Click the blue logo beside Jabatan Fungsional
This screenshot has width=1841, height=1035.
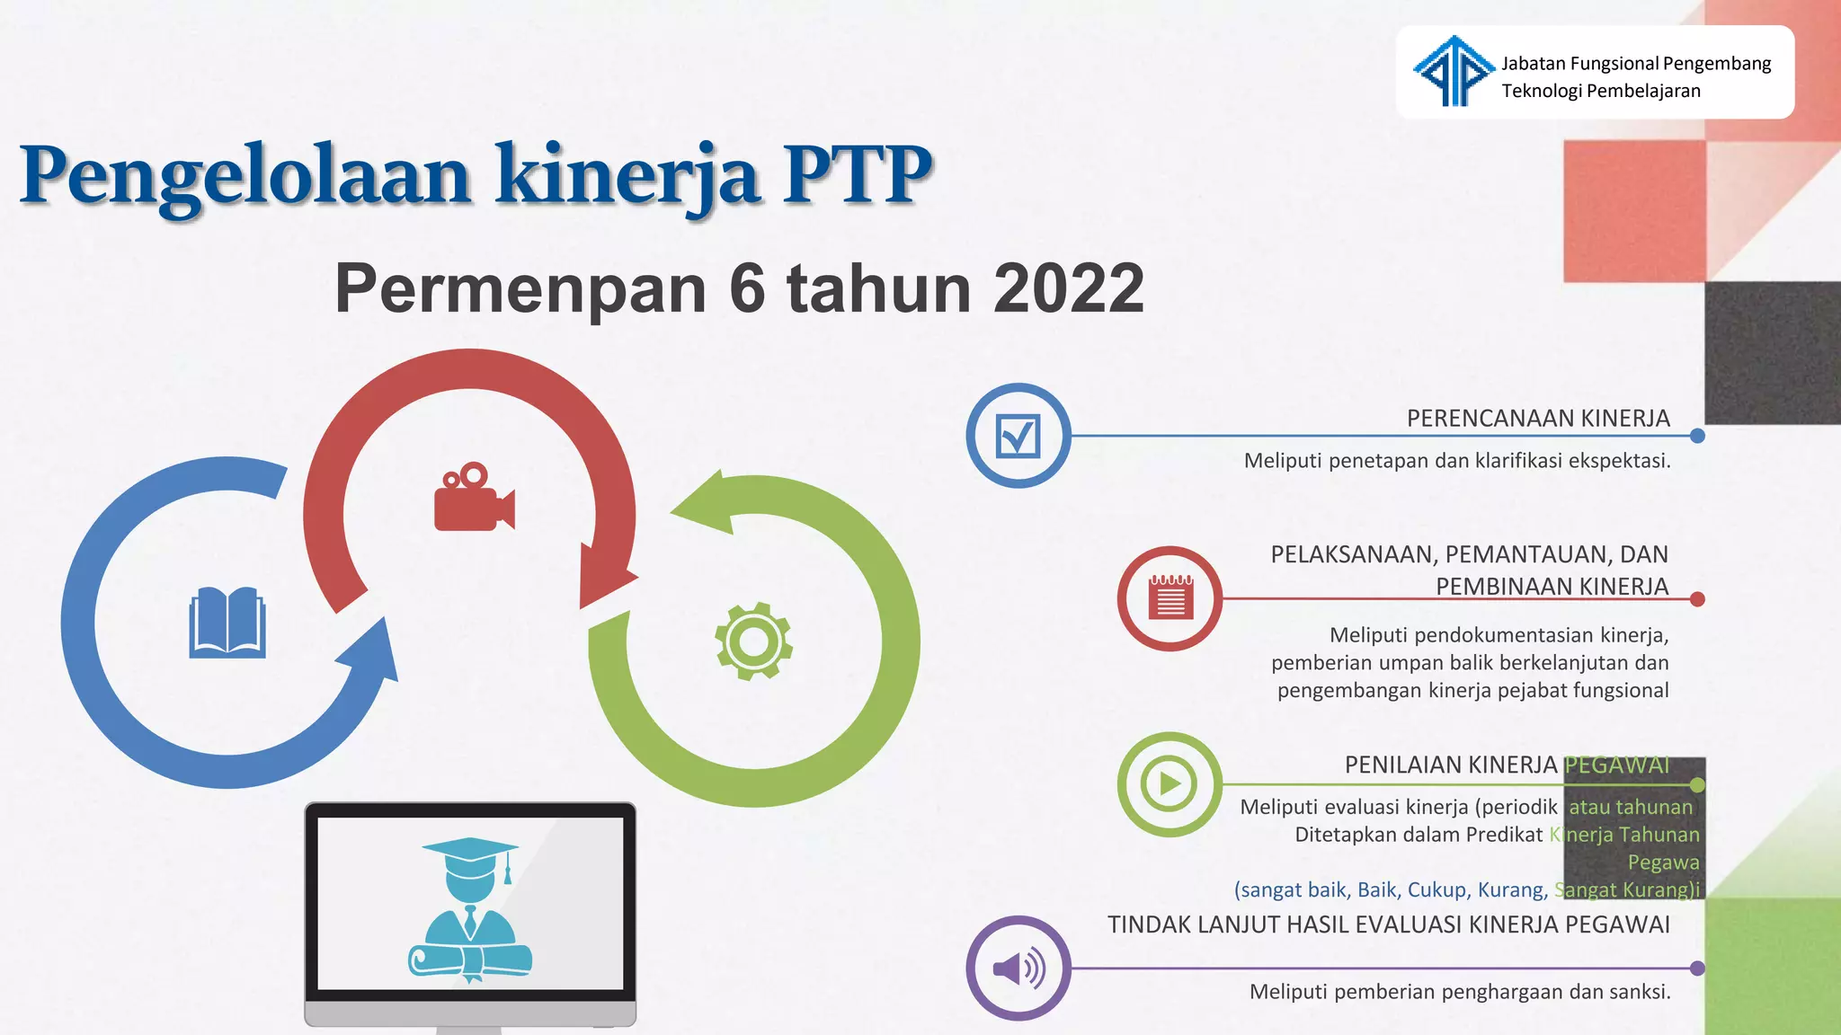pos(1453,71)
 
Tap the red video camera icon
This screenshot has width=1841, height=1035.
pos(473,499)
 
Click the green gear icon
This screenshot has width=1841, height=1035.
pos(753,641)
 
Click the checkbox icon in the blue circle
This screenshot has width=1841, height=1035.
pos(1018,437)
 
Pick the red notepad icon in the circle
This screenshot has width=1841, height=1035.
pos(1170,598)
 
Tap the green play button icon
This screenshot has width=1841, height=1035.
pos(1169,784)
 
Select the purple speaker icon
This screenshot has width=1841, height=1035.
pos(1018,969)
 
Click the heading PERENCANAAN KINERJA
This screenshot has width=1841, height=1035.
pos(1537,419)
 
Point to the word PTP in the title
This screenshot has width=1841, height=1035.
pos(857,174)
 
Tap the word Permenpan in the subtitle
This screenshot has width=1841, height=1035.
pos(520,289)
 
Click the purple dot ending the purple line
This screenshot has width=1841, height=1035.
pos(1697,969)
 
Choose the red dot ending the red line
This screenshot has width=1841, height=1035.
pos(1697,599)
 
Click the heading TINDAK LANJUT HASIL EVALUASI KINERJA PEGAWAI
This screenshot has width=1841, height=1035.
pos(1388,925)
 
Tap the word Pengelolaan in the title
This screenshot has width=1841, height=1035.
pos(245,174)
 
